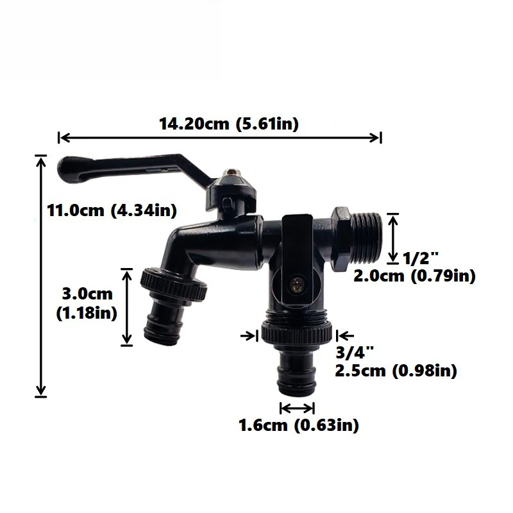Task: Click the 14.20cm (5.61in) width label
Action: pyautogui.click(x=229, y=124)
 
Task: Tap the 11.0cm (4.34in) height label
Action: pyautogui.click(x=112, y=210)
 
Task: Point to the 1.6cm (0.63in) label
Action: pyautogui.click(x=298, y=425)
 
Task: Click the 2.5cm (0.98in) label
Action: pyautogui.click(x=396, y=371)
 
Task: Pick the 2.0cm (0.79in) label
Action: pyautogui.click(x=414, y=276)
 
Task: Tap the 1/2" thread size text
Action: pyautogui.click(x=421, y=258)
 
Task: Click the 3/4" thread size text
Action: pyautogui.click(x=355, y=352)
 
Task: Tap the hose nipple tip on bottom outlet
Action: pyautogui.click(x=297, y=382)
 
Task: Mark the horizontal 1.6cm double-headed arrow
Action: pyautogui.click(x=298, y=408)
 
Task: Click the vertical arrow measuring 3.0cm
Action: pyautogui.click(x=127, y=307)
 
